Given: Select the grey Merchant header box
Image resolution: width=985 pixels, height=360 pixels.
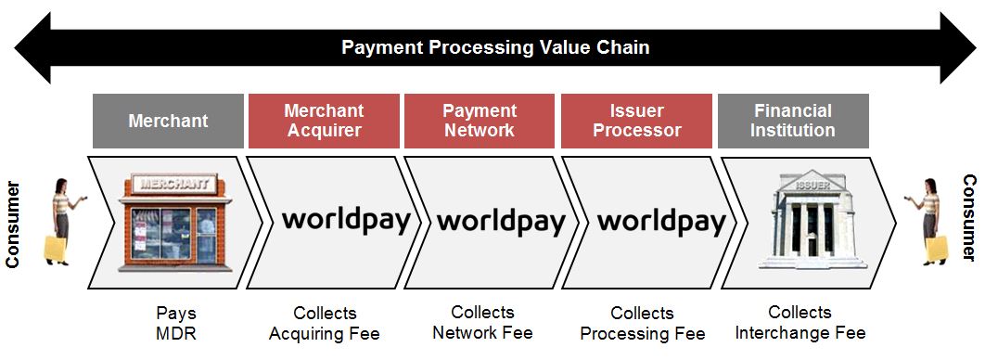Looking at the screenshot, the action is (168, 121).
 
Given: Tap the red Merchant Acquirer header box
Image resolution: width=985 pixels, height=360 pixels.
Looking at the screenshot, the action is (324, 121).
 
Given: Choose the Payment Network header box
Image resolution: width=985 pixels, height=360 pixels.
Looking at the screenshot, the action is (479, 121).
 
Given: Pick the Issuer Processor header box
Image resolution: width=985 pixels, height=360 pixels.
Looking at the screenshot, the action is (637, 121).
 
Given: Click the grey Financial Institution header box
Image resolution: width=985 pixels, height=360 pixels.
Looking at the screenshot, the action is (793, 121).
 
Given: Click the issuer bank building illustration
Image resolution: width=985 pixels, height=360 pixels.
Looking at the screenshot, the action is (805, 219).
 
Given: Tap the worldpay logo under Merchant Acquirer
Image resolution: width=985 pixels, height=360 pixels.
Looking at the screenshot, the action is (345, 220).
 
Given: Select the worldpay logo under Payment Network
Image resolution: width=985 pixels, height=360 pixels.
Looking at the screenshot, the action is (501, 221).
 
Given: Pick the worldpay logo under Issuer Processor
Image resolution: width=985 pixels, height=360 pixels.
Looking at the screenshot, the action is (660, 221).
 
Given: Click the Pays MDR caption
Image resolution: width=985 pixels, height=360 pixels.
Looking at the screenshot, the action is (176, 323).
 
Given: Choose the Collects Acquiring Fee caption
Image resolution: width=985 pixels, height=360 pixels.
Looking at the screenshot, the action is (325, 323).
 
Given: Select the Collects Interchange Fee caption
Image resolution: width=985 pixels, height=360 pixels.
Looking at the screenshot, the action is (800, 322).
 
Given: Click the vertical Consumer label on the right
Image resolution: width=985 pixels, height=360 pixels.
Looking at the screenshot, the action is (968, 218).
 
